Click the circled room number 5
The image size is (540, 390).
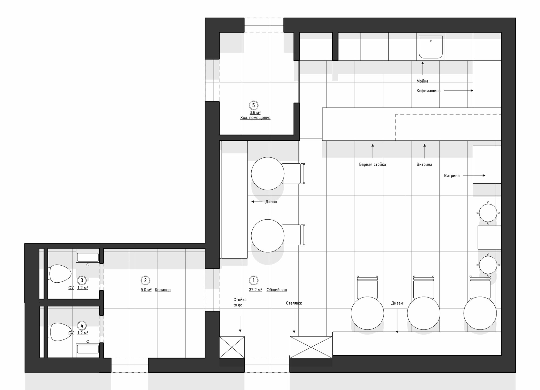coord(253,105)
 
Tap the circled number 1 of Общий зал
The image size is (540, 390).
coord(253,280)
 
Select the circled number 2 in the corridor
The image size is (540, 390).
coord(145,280)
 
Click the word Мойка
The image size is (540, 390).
coord(422,81)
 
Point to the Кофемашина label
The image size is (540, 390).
coord(428,91)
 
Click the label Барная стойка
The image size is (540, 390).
coord(372,164)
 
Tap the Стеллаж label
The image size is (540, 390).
coord(294,303)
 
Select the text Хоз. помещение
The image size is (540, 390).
coord(255,118)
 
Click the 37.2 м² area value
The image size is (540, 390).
coord(255,290)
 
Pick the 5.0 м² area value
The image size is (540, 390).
coord(146,290)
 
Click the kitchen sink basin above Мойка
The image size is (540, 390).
coord(431,47)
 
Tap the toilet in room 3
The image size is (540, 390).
coord(60,273)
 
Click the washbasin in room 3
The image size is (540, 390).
coord(88,257)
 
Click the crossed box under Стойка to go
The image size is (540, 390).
coord(232,347)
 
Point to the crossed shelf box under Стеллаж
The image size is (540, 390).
coord(311,347)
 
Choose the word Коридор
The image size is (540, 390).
coord(163,290)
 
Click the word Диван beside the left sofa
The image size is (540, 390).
coord(271,202)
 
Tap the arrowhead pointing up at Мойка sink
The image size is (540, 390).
coord(423,63)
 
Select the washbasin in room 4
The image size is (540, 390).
coord(88,349)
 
